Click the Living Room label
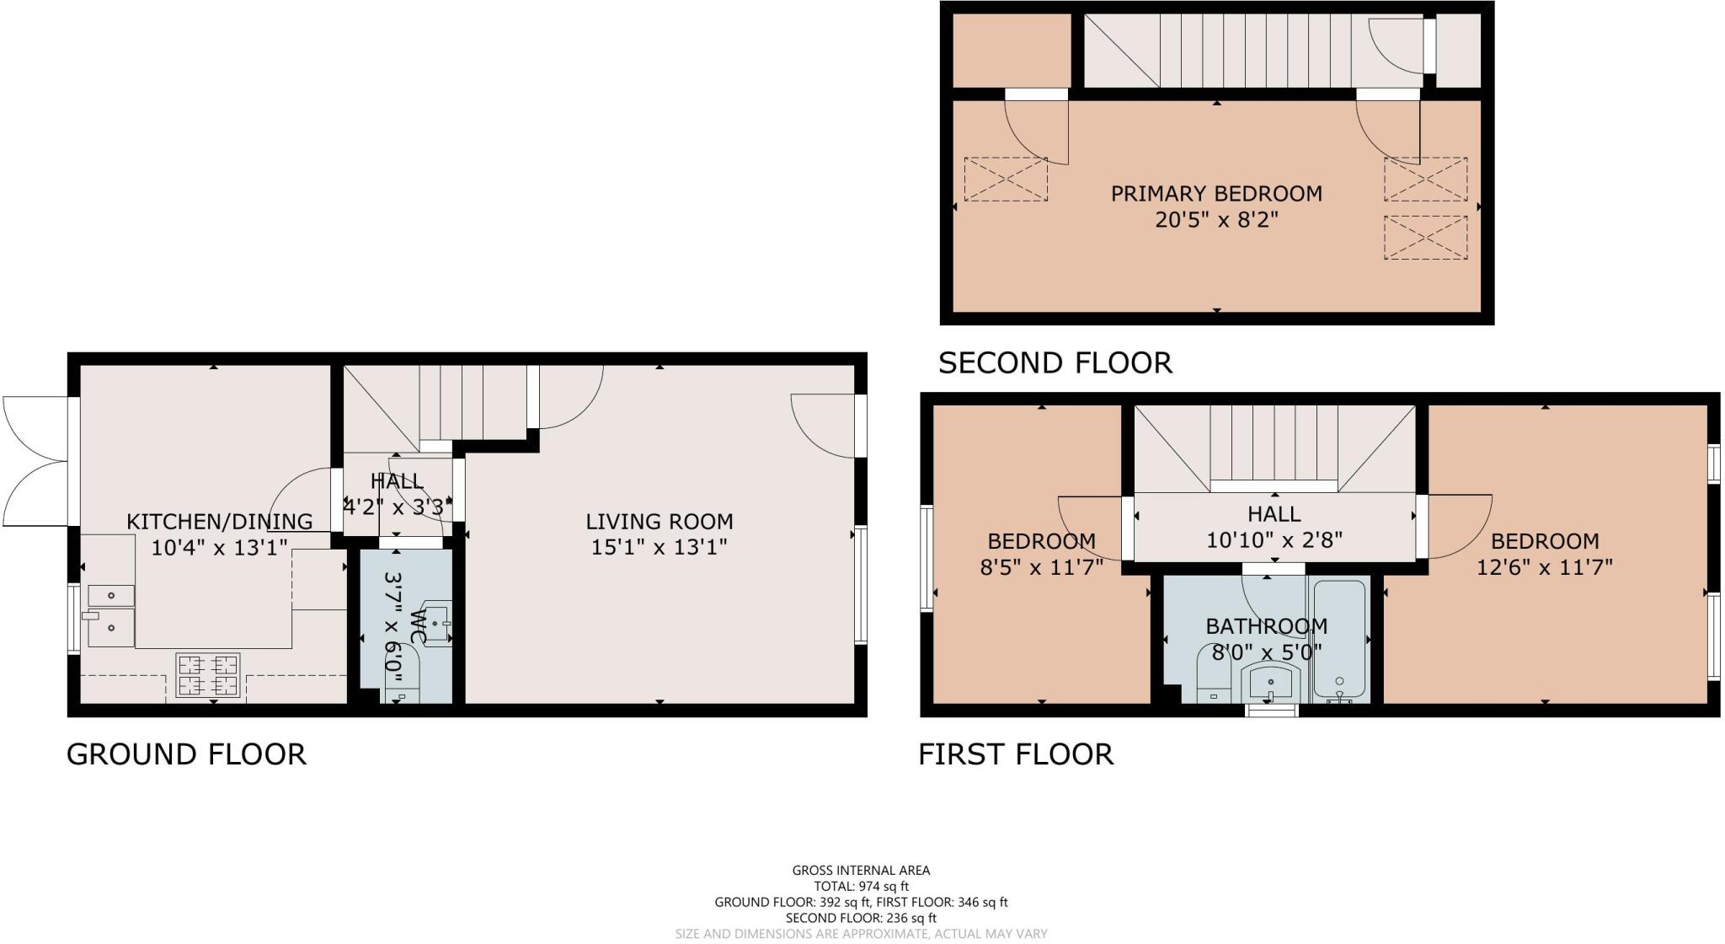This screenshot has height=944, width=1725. (659, 521)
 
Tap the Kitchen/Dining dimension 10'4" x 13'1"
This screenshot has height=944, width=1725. (219, 548)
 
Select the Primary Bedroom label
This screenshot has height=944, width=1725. (1216, 194)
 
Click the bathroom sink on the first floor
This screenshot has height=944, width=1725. (1271, 681)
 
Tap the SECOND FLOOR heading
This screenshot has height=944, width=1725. (1055, 363)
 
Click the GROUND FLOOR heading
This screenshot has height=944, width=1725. (186, 754)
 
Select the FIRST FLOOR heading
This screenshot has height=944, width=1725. (1016, 754)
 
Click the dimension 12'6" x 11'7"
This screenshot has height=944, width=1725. (1544, 567)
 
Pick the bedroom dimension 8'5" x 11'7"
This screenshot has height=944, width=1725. (1041, 567)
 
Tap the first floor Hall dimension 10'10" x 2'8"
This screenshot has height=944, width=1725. (1274, 539)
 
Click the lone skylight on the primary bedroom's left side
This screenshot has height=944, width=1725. (1006, 179)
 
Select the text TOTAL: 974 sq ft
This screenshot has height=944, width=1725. (861, 886)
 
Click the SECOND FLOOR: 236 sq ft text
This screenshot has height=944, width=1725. (861, 918)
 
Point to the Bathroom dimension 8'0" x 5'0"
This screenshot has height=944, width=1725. (1266, 652)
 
